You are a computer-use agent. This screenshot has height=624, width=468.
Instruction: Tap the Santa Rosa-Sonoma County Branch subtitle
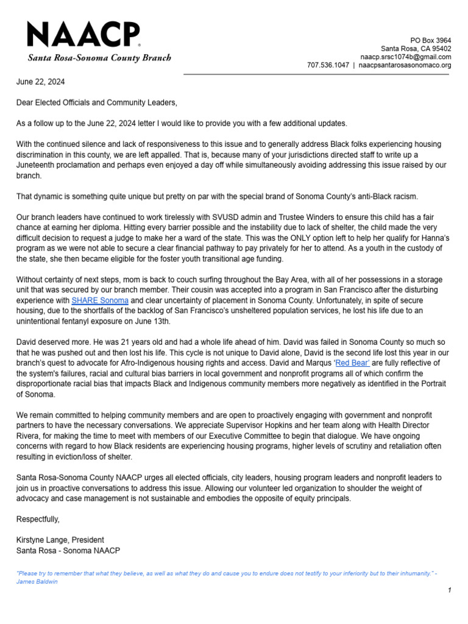coord(99,58)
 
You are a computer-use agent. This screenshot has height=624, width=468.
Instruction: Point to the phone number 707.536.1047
coord(328,65)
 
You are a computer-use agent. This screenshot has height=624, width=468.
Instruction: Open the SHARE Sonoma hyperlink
coord(100,300)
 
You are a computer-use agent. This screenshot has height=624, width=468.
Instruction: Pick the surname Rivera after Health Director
coord(29,436)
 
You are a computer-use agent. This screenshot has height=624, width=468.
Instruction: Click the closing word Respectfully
coord(38,519)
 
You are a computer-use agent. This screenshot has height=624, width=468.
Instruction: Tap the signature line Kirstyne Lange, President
coord(60,540)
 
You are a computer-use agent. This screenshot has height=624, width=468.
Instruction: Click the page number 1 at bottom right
coord(448,590)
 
